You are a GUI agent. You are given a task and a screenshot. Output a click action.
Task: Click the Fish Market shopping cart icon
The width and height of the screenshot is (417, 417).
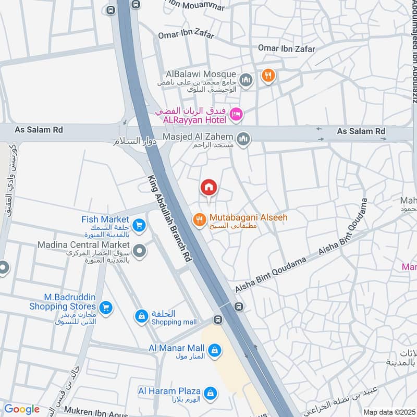pyautogui.click(x=138, y=225)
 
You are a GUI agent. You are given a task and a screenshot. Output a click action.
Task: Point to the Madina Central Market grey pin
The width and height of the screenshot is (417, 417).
pyautogui.click(x=139, y=252)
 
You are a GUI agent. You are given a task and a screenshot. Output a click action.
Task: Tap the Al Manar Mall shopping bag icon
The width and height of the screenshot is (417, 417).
pyautogui.click(x=214, y=351)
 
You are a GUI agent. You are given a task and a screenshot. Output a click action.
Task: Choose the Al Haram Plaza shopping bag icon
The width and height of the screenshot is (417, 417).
pyautogui.click(x=210, y=393)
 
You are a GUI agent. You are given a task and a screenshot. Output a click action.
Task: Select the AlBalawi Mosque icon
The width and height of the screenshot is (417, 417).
pyautogui.click(x=247, y=80)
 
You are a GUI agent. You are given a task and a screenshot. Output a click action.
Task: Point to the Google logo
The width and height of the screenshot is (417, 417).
pyautogui.click(x=21, y=409)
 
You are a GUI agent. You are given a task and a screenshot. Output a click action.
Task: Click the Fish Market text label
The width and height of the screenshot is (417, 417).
pyautogui.click(x=105, y=219)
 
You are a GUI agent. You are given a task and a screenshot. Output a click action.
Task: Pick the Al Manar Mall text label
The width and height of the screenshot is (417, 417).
pyautogui.click(x=175, y=347)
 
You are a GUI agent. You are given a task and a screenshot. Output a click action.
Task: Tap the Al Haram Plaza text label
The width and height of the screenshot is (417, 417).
pyautogui.click(x=169, y=390)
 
